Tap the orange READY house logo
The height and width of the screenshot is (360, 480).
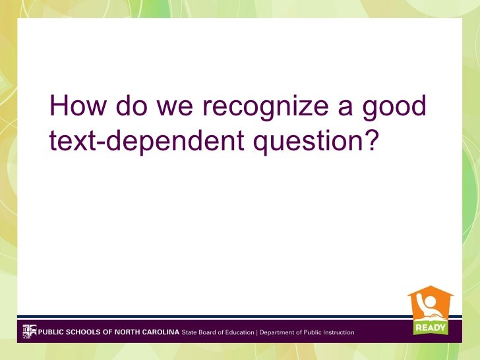coord(430,309)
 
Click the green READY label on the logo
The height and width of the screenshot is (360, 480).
coord(430,327)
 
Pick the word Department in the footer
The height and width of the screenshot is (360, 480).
coord(278,332)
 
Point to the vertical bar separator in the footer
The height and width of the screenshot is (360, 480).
coord(256,332)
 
